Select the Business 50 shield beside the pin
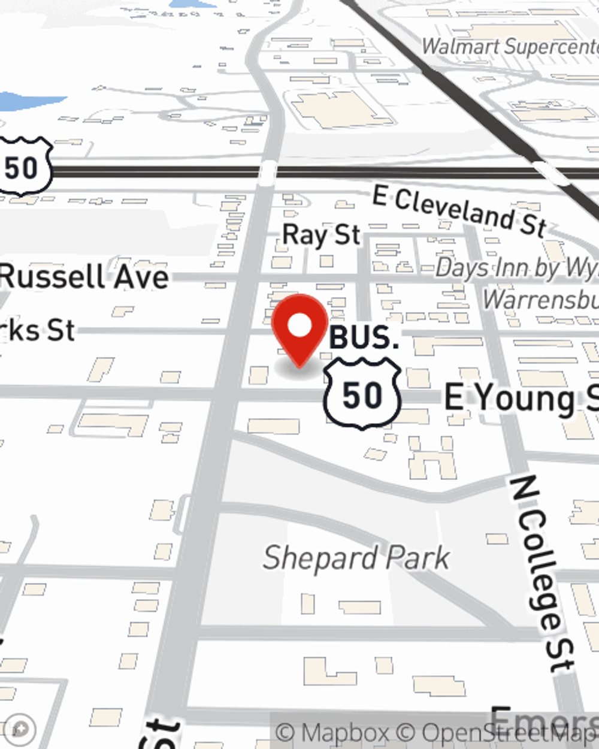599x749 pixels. (x=362, y=394)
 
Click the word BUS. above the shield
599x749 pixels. (x=364, y=339)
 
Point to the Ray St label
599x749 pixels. (x=322, y=235)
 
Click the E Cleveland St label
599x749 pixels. (x=459, y=211)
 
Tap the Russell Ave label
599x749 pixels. (x=84, y=277)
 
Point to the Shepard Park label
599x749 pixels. (x=356, y=558)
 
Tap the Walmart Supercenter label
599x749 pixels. (x=510, y=47)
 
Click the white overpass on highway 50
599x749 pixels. (x=267, y=173)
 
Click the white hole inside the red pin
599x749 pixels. (x=299, y=326)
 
